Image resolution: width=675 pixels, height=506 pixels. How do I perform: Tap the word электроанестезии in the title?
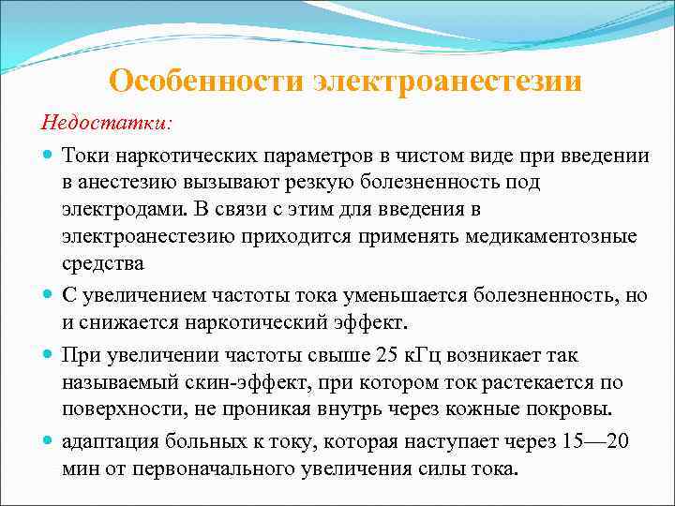447,82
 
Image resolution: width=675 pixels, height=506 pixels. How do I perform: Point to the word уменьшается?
368,296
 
